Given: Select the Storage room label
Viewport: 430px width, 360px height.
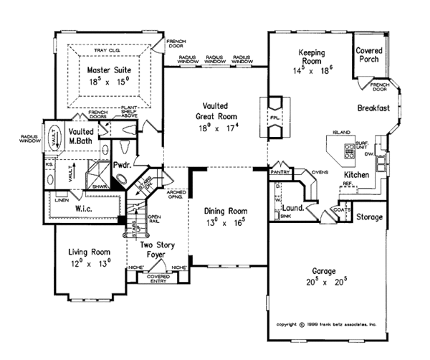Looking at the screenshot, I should pyautogui.click(x=369, y=217).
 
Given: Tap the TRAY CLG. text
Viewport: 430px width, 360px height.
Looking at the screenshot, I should pyautogui.click(x=106, y=52).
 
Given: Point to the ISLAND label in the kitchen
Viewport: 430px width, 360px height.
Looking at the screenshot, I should pyautogui.click(x=341, y=133).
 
